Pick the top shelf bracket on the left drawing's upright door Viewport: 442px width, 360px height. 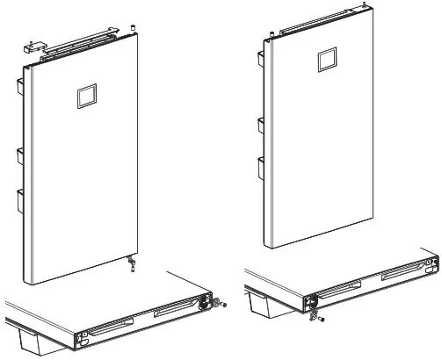tap(18, 87)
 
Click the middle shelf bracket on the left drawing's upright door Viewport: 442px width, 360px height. tap(19, 161)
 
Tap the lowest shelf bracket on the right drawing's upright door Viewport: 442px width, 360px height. tap(260, 168)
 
